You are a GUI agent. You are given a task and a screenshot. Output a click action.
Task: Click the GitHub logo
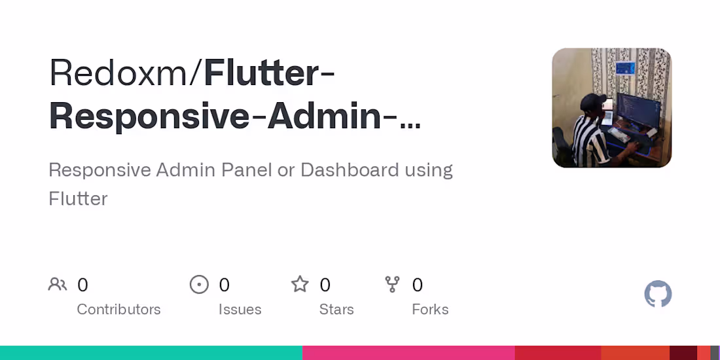(x=658, y=294)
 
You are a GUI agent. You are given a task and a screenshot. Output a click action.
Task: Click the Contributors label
(x=118, y=310)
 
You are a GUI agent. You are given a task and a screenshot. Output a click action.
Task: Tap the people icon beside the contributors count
(x=58, y=285)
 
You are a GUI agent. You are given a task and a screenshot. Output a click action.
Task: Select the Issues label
(x=240, y=310)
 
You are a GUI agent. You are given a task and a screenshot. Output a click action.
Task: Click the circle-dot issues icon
(x=199, y=285)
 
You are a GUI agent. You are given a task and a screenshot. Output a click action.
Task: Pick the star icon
(x=300, y=285)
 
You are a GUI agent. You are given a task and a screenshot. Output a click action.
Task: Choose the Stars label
(x=336, y=310)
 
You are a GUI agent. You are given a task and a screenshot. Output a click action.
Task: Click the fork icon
(x=392, y=285)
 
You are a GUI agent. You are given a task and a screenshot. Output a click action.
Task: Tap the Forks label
(x=430, y=310)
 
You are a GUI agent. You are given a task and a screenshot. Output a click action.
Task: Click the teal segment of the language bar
(x=151, y=353)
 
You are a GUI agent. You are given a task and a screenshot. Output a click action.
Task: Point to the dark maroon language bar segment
(x=683, y=353)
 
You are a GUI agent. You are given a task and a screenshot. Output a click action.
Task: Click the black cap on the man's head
(x=594, y=101)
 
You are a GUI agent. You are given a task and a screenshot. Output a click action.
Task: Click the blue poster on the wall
(x=625, y=68)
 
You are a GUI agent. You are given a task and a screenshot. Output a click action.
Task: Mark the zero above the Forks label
(x=418, y=285)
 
